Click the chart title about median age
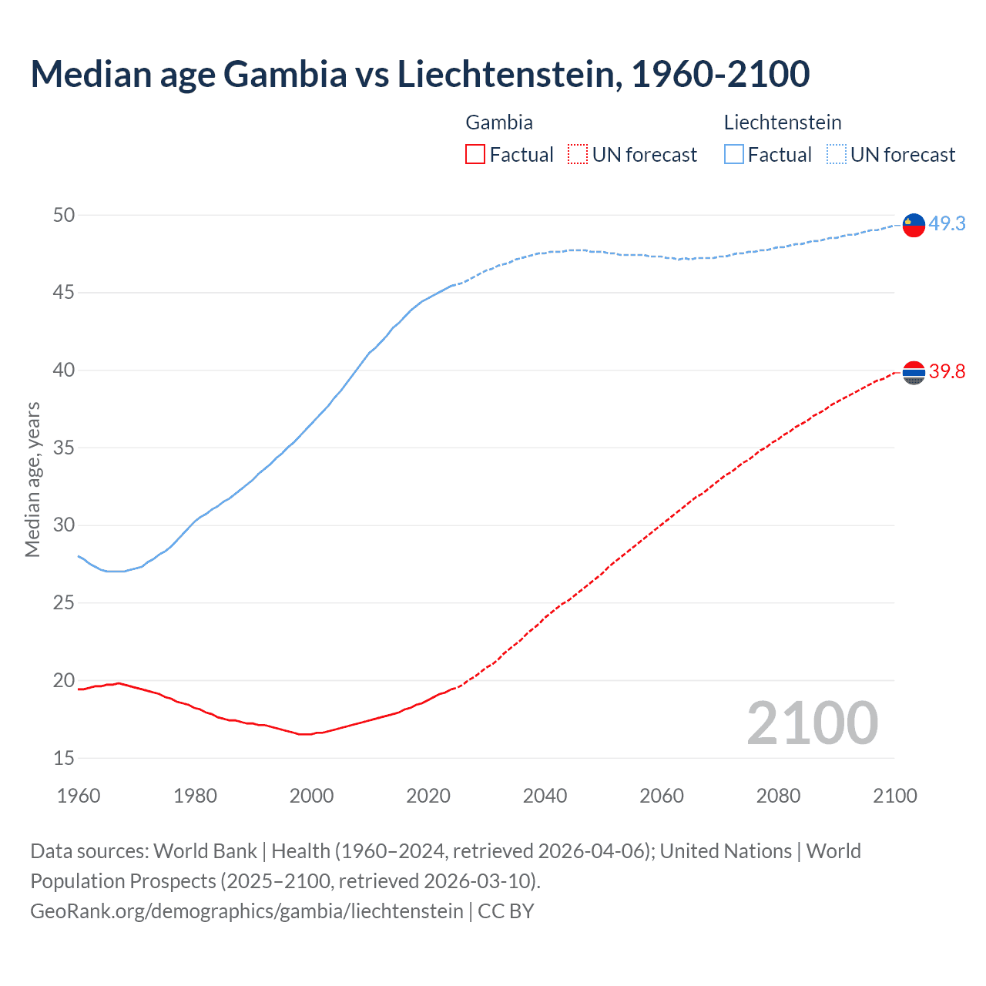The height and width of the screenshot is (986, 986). [x=420, y=74]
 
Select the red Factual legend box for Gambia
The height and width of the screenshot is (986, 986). [x=475, y=155]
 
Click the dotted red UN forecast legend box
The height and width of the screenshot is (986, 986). [x=578, y=155]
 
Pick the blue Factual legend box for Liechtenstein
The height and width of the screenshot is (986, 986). [x=734, y=155]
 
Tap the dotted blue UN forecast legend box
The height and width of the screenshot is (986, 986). [x=836, y=155]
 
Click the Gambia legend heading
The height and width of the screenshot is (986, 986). [x=499, y=122]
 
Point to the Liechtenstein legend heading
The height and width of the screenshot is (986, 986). [x=783, y=122]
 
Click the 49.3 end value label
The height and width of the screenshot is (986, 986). [x=947, y=224]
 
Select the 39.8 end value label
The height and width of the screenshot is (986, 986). [x=947, y=372]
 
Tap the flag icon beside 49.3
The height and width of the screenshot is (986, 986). [x=914, y=225]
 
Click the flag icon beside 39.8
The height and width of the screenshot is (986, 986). [x=914, y=373]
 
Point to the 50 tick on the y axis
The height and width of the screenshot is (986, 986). [x=64, y=215]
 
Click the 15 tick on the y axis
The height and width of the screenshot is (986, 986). [x=64, y=758]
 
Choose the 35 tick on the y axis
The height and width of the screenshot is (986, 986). [x=64, y=448]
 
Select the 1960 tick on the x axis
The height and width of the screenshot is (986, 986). [x=79, y=796]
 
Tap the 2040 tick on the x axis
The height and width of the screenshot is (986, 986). [x=545, y=796]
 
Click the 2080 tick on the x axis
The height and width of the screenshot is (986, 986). [x=778, y=796]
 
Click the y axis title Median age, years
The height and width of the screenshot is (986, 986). [x=32, y=479]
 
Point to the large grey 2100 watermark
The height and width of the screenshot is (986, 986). [x=812, y=723]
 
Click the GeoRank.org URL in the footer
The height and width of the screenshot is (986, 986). [x=246, y=911]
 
